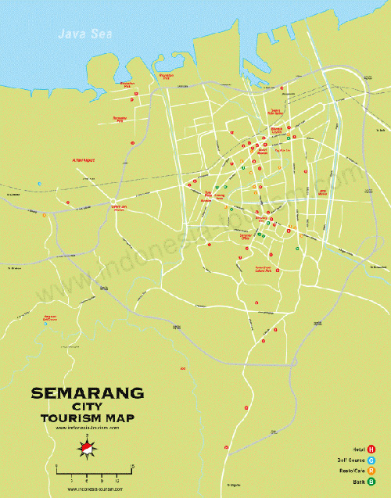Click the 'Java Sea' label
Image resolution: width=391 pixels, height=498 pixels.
click(80, 34)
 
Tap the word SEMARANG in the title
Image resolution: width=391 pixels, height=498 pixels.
click(87, 393)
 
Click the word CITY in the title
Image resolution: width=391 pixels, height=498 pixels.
click(87, 407)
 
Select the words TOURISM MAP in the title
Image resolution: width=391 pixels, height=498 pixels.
click(87, 418)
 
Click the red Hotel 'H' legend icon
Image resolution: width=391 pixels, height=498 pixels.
click(371, 449)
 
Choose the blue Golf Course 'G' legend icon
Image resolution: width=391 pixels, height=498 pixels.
click(371, 460)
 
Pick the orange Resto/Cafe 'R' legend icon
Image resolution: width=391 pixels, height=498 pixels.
click(371, 471)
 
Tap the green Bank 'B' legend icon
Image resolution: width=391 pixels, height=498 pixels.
click(371, 482)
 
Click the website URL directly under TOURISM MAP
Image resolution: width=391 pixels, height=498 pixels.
click(87, 428)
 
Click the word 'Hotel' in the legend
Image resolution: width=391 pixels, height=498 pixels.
click(357, 449)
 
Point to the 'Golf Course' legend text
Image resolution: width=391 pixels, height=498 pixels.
click(351, 460)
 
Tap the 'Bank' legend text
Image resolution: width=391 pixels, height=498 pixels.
click(358, 482)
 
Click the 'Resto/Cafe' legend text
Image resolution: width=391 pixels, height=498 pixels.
click(353, 471)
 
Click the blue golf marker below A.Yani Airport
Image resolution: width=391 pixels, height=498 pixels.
click(38, 185)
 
